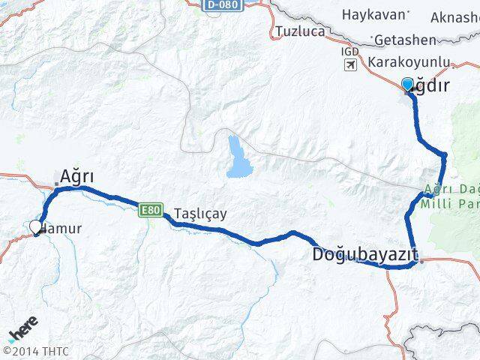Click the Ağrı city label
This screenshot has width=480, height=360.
coord(76,176)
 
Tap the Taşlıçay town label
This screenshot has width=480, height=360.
coord(200,213)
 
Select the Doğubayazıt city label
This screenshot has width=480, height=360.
coord(364,255)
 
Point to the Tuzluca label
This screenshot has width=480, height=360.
coord(300,31)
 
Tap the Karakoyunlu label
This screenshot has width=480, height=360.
coord(409,63)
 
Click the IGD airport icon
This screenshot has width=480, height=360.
coord(350,65)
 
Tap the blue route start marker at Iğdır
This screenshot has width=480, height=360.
coord(408,84)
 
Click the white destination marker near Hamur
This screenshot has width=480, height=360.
coord(34,226)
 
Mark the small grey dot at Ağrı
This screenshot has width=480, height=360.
coord(56,184)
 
